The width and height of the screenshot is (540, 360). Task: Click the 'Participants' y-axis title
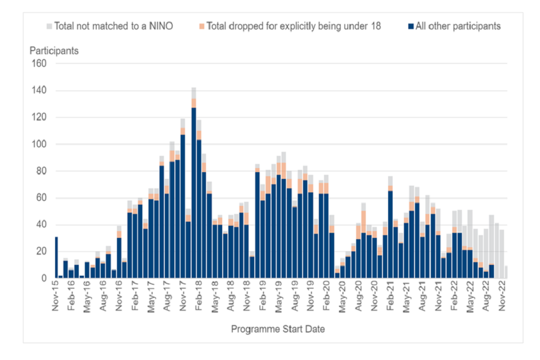[54, 51]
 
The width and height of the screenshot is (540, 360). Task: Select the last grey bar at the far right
[507, 272]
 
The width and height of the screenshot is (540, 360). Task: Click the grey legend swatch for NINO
[49, 26]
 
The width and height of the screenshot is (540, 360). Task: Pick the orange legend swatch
[202, 26]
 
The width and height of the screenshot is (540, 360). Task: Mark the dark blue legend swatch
[411, 26]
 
